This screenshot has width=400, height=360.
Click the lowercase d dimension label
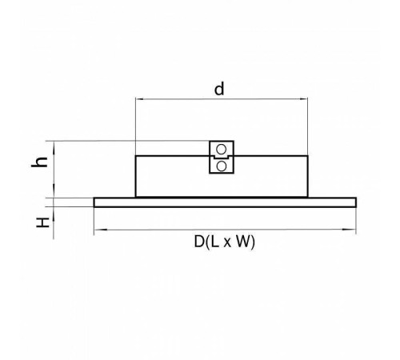point(219,89)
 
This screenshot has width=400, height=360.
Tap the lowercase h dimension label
point(40,162)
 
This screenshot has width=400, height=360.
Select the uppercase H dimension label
point(43,222)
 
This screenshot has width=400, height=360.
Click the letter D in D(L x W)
point(199,242)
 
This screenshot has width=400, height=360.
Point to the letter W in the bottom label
point(242,242)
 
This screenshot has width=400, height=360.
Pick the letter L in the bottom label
point(214,242)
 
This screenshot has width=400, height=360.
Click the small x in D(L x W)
point(227,243)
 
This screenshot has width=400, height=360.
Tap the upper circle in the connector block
point(222,150)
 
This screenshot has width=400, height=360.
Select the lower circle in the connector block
point(222,166)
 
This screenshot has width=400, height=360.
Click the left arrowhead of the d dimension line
point(141,99)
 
